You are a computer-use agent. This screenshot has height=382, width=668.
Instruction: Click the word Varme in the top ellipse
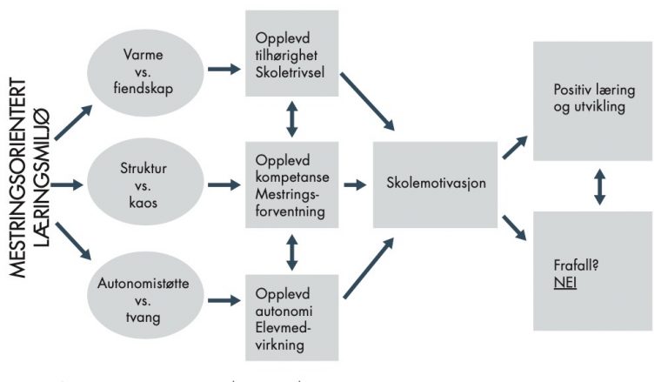[144, 55]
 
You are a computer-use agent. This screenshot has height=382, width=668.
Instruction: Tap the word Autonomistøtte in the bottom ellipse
[144, 283]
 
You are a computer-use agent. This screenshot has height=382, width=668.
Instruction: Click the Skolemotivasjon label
[436, 184]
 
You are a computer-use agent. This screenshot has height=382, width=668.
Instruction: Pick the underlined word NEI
[564, 283]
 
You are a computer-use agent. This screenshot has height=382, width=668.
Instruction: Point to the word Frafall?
[576, 265]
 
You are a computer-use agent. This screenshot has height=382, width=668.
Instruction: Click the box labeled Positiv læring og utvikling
[592, 101]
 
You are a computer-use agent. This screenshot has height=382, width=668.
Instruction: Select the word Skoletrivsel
[290, 72]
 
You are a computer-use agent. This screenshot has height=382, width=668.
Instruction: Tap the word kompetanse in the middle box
[292, 178]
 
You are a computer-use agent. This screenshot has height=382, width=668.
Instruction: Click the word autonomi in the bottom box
[284, 311]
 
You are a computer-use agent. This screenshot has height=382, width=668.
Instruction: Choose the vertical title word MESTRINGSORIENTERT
[17, 178]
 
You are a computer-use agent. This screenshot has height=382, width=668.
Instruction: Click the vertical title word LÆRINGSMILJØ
[42, 178]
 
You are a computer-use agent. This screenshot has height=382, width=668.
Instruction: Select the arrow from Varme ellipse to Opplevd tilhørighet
[224, 69]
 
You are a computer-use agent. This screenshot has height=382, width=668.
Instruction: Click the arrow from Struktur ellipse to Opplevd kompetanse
[224, 184]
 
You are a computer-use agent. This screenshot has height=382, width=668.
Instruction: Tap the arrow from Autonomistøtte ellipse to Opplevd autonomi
[224, 300]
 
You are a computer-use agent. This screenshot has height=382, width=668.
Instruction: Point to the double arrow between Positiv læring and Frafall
[599, 187]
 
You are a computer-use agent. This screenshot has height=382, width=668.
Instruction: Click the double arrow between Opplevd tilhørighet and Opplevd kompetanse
[292, 118]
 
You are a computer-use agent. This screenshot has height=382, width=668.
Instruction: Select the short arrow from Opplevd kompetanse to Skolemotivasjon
[355, 184]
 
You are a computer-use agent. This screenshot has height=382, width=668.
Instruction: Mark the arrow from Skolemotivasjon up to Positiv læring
[515, 148]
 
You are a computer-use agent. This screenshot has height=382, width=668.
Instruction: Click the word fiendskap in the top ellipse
[144, 88]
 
